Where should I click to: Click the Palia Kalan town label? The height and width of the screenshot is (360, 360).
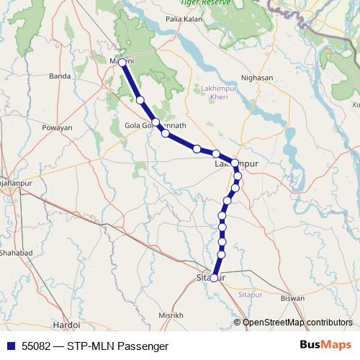(x=184, y=19)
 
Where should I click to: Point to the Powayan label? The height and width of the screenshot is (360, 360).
(x=58, y=127)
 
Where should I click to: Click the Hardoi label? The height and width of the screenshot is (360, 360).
(x=66, y=325)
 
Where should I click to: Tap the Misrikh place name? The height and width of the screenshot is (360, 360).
(x=171, y=315)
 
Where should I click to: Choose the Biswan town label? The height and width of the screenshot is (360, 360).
(x=292, y=297)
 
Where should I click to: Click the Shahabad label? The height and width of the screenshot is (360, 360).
(x=16, y=253)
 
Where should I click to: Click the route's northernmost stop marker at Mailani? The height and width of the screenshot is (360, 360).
(x=122, y=63)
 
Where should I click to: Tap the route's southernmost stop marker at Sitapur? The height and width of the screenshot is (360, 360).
(x=214, y=278)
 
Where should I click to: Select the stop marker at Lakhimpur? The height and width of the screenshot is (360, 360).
(x=235, y=163)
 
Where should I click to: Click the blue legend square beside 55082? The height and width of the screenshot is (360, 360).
(x=10, y=346)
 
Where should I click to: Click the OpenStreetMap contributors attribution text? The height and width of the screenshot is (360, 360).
(x=297, y=323)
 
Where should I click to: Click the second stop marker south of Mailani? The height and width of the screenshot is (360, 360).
(x=156, y=122)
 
